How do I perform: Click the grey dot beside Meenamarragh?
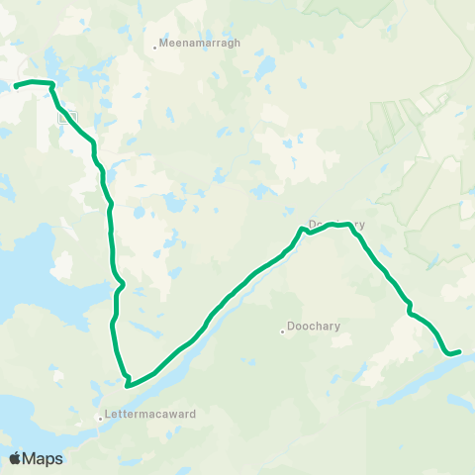[156, 45]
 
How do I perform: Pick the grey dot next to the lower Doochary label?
[283, 331]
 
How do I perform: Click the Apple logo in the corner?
[15, 458]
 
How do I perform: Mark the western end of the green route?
[16, 87]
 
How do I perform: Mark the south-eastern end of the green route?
[459, 349]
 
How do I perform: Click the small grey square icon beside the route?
[66, 118]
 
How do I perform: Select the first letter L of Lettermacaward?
[108, 415]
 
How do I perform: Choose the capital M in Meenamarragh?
[164, 44]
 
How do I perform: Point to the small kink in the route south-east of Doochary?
[408, 311]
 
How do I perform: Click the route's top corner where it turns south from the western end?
[50, 86]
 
